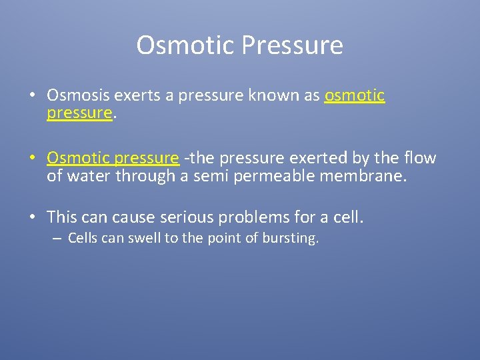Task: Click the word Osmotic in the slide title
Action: pyautogui.click(x=186, y=45)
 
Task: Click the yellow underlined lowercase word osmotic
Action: pyautogui.click(x=354, y=96)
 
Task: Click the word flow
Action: pyautogui.click(x=420, y=158)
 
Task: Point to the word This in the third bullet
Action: pyautogui.click(x=62, y=217)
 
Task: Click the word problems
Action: pyautogui.click(x=274, y=217)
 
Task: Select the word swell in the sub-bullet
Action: pyautogui.click(x=144, y=239)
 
